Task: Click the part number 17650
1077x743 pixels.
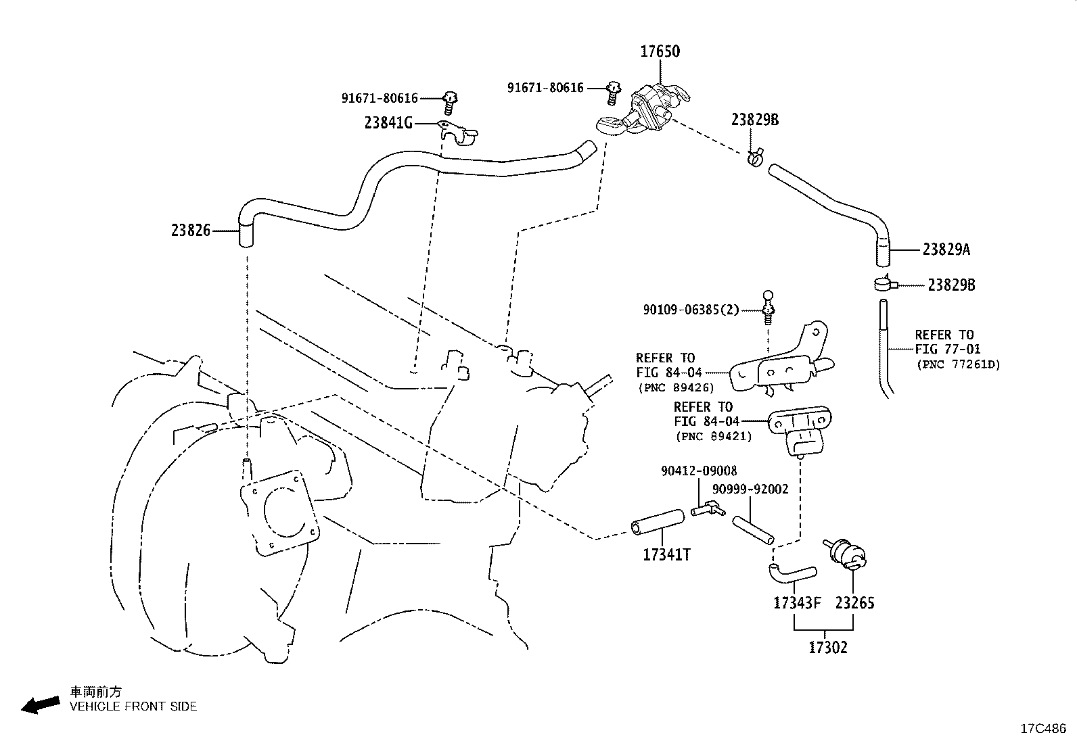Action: click(660, 51)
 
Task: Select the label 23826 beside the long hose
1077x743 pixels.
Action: click(191, 231)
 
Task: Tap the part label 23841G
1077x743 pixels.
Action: click(388, 123)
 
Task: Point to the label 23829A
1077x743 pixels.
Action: click(946, 249)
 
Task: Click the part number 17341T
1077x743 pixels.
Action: click(666, 555)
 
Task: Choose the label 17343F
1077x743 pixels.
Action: click(797, 602)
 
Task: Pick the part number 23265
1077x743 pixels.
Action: click(854, 602)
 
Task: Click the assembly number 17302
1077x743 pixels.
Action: click(827, 648)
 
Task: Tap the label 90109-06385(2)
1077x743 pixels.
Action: click(691, 310)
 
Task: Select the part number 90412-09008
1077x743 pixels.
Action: click(699, 471)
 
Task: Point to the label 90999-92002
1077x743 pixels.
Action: click(750, 489)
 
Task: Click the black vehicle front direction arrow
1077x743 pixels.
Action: click(41, 705)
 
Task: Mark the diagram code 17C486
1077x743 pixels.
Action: click(1043, 729)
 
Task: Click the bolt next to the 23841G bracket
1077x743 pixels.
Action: click(450, 103)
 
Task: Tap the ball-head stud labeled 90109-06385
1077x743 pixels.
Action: click(768, 308)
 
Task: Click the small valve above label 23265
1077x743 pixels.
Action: click(846, 554)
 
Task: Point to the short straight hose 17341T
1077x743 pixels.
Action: click(658, 521)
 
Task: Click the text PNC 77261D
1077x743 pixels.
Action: click(958, 364)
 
